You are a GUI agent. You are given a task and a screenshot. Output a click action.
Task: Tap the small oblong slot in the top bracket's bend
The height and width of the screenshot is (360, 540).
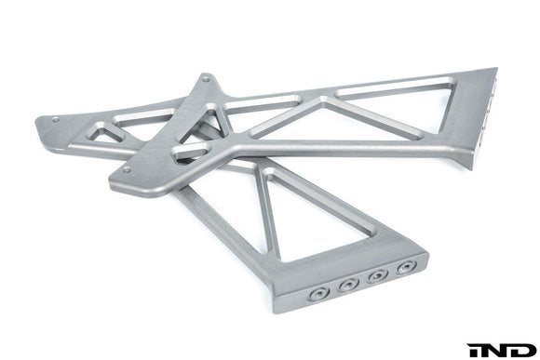(191, 149)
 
